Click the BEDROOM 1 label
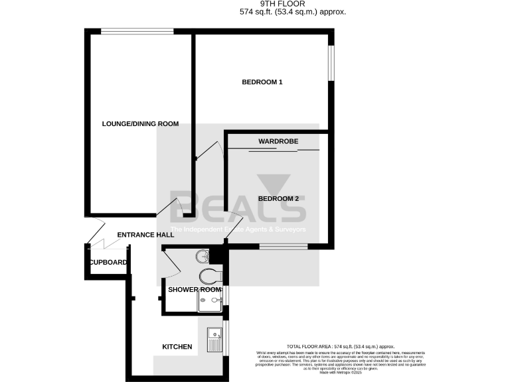(x=262, y=82)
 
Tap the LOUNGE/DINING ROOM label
(x=140, y=123)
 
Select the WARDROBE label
(x=278, y=141)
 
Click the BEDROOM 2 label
(x=278, y=198)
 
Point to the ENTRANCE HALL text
(x=145, y=235)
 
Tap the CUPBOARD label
(x=108, y=263)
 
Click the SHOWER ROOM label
(x=194, y=290)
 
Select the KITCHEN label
(x=177, y=347)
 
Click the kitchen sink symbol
(x=214, y=340)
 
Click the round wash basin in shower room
(x=202, y=256)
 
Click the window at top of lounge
(x=137, y=30)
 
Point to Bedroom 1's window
(x=332, y=64)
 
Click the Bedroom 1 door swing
(x=210, y=151)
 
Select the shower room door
(x=169, y=262)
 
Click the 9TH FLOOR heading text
(x=293, y=4)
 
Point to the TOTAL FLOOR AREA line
(x=341, y=347)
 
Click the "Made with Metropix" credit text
(x=341, y=373)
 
